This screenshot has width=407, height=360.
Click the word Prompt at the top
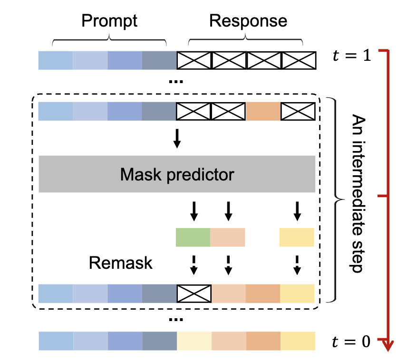109,21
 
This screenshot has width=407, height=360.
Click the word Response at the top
248,21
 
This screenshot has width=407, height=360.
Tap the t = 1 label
351,56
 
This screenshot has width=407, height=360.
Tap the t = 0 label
351,341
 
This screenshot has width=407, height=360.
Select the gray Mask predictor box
176,174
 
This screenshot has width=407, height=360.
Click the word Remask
121,263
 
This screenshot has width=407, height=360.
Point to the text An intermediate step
358,192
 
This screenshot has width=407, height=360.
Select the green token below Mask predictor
193,237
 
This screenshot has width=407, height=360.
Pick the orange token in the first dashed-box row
263,111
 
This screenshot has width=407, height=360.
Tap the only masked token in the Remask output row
194,293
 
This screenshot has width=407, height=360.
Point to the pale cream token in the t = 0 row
194,341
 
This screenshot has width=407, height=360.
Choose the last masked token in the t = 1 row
298,60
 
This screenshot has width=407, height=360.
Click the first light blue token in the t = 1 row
56,60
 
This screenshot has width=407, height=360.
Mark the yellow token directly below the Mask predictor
297,237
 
